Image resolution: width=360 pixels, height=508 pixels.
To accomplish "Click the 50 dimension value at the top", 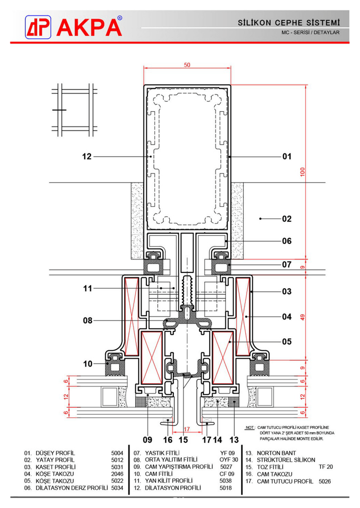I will coord(187,65).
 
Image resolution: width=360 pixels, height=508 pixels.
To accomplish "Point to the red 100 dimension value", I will coord(302,172).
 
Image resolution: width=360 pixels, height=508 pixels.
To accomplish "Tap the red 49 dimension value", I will coord(302,317).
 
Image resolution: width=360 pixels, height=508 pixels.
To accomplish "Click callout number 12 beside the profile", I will coord(87,157).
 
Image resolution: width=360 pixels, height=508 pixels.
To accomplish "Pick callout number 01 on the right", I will coord(287,157).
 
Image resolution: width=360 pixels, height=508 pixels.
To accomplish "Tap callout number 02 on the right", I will coord(287,218).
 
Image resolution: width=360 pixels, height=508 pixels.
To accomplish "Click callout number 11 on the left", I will coord(87,287).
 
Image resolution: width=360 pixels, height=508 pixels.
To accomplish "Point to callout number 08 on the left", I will coord(87,320).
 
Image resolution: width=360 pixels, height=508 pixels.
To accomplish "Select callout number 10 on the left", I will coord(87,364).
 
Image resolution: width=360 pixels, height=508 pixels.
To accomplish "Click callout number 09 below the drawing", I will coord(147,439).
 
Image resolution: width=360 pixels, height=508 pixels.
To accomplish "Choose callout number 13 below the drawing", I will coord(234,439).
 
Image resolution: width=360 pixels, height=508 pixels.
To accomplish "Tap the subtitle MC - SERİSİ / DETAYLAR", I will coord(311,33).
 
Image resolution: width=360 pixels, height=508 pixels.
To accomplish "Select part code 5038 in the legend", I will coord(226,481).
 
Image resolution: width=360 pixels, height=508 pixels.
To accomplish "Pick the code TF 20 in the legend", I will coord(326,467).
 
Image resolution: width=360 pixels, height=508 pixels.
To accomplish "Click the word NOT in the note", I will coord(250,427).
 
